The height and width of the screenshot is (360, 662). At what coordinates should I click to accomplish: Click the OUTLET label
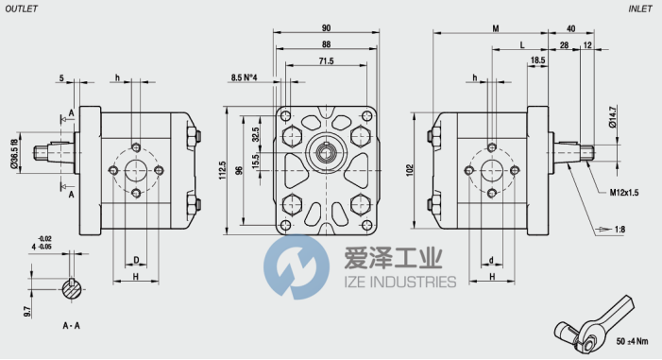pos(22,9)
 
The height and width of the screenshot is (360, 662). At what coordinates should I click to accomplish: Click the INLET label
pos(640,9)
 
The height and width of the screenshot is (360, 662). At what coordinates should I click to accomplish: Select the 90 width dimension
pos(326,28)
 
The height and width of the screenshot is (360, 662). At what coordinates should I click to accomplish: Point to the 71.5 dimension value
pos(326,60)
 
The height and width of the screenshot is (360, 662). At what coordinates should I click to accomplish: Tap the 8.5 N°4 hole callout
pos(244,77)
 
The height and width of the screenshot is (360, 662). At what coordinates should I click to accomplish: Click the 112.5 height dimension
pos(223,170)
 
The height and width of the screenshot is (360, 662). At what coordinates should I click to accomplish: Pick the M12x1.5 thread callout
pos(624,193)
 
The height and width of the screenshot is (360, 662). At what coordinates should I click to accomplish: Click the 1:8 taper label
pos(620,230)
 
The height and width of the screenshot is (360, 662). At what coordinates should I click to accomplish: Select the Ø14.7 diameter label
pos(613,117)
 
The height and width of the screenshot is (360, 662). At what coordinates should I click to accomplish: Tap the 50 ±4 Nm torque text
pos(632,341)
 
